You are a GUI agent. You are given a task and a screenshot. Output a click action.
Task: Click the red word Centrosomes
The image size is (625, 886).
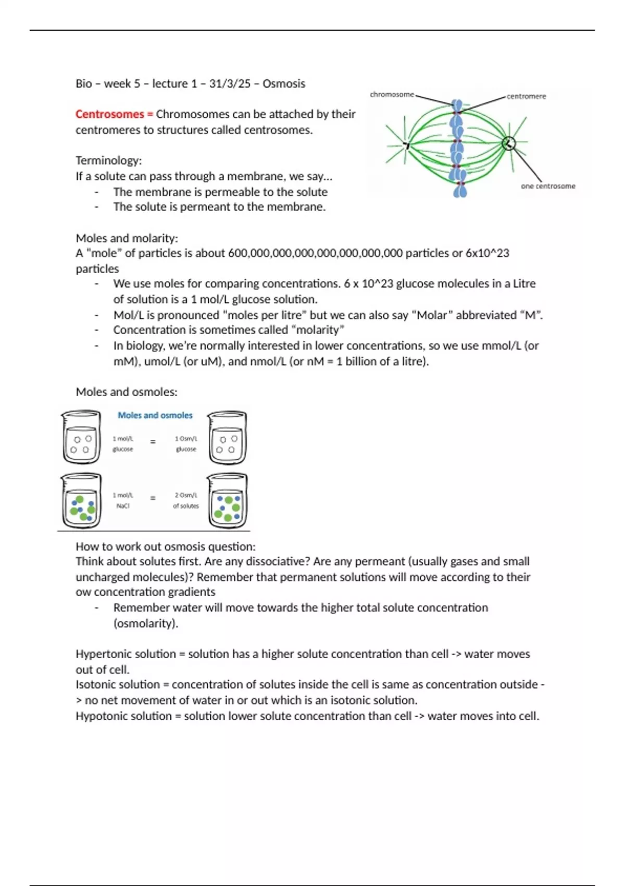[x=109, y=114]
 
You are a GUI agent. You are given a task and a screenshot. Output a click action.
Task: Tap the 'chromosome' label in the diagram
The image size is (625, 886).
[x=392, y=94]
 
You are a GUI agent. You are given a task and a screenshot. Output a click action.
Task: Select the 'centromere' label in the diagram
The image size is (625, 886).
[x=526, y=96]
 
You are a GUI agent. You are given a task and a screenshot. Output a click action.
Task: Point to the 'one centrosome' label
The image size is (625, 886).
[x=548, y=186]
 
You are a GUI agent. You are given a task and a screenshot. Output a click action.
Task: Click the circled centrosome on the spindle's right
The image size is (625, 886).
[x=509, y=143]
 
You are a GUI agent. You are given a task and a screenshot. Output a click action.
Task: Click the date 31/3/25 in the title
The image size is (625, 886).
[x=230, y=83]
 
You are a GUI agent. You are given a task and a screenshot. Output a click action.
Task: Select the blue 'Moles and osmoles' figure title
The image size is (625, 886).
[x=155, y=415]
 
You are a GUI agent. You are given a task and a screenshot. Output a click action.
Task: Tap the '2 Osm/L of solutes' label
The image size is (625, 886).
[x=186, y=500]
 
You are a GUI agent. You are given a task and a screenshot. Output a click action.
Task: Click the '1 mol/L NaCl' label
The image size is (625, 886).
[x=123, y=500]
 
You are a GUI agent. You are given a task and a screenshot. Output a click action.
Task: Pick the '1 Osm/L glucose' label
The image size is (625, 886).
[x=186, y=444]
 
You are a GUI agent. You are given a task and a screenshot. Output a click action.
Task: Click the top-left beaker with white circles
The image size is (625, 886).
[x=81, y=438]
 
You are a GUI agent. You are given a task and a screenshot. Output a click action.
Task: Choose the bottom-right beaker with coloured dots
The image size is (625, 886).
[x=228, y=501]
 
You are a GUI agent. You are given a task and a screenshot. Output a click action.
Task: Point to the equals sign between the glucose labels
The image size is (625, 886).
[x=153, y=442]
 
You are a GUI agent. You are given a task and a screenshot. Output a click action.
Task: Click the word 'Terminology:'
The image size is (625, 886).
[x=108, y=160]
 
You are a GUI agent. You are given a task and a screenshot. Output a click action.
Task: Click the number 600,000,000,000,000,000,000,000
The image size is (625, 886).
[x=315, y=253]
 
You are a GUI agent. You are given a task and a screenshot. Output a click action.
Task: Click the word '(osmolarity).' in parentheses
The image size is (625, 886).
[x=146, y=623]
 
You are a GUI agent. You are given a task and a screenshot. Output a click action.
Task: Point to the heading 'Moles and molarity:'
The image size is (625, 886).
[x=127, y=238]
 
